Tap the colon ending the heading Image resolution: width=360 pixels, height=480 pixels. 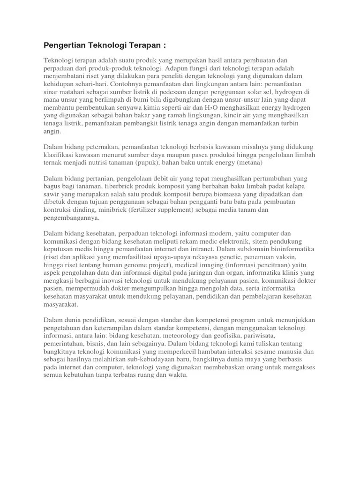click(165, 45)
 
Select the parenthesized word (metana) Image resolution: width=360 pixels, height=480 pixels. click(251, 163)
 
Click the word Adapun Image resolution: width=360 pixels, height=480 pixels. click(210, 68)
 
